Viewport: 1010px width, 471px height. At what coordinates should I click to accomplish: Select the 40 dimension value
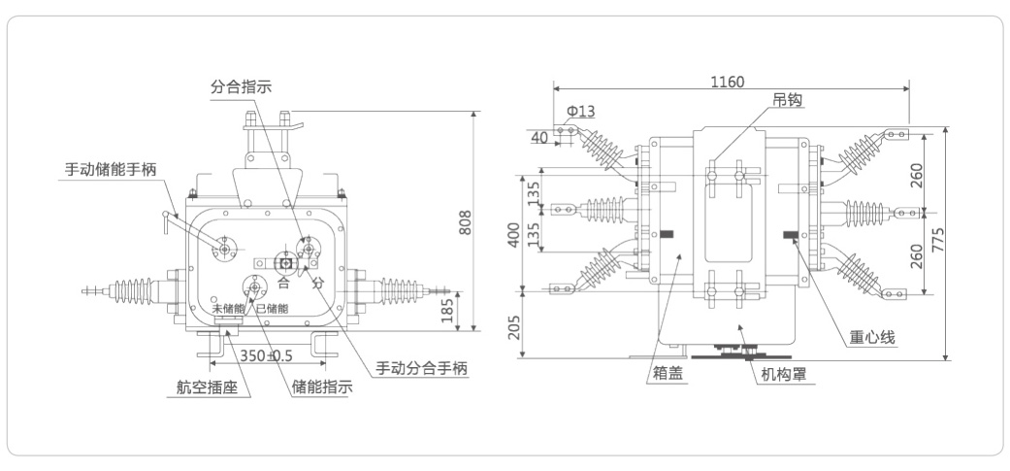point(538,137)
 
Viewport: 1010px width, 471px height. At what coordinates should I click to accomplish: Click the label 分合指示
point(241,85)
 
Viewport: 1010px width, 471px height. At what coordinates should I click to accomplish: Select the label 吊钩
point(786,100)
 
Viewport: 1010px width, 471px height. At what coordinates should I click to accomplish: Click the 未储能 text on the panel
point(229,309)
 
